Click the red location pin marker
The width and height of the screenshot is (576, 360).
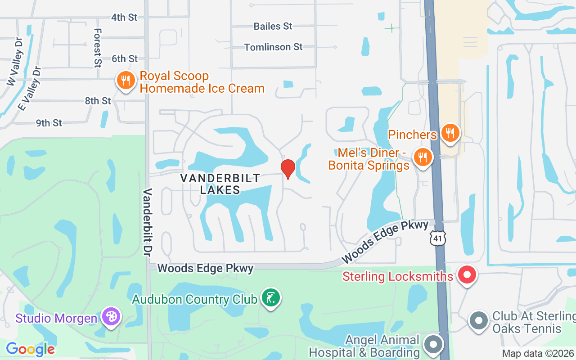point(288,169)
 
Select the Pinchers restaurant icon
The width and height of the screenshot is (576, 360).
point(450,133)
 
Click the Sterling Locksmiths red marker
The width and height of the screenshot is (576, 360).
point(467,274)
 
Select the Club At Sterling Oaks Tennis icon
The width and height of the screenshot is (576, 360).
point(479,321)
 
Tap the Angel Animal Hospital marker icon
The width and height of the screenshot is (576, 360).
point(433,345)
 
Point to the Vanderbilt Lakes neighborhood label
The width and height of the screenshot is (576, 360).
point(220,184)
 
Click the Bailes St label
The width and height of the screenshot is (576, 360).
point(273,26)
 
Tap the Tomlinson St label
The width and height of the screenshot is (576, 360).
point(274,47)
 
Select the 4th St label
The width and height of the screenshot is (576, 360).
point(124,17)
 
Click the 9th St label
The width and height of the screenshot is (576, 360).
point(49,123)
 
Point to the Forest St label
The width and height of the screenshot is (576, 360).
point(98,48)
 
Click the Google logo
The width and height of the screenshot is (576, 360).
point(30,349)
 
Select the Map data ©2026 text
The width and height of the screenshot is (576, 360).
point(538,353)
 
